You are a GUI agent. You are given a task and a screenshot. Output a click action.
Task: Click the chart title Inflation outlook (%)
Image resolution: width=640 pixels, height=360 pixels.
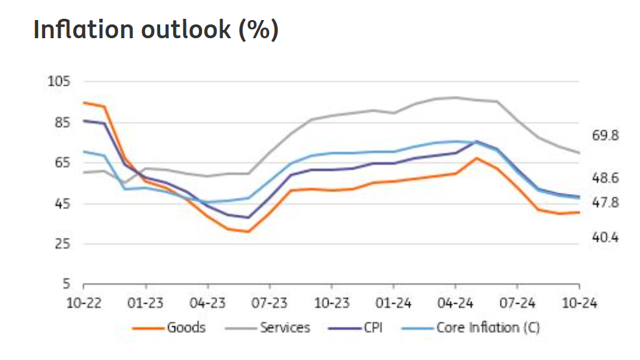pos(156,30)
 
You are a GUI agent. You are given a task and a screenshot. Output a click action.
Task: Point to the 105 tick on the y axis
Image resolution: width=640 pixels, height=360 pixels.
pos(58,81)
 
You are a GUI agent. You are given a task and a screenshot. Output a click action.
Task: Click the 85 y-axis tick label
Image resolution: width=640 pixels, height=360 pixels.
pos(61,122)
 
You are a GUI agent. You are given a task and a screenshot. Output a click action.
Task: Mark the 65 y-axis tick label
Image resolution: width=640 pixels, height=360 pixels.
pos(61,163)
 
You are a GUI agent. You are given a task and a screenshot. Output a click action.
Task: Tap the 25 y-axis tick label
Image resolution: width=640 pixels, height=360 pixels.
pos(61,244)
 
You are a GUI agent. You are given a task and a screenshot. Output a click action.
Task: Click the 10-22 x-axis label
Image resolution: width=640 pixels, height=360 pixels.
pos(84,303)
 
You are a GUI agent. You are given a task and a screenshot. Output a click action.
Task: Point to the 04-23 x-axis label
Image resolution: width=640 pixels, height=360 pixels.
pos(207,303)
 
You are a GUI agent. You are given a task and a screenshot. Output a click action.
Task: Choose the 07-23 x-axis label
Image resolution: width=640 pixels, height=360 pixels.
pos(269,303)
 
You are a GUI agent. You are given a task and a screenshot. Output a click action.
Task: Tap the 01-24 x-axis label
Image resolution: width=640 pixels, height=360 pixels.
pos(393,303)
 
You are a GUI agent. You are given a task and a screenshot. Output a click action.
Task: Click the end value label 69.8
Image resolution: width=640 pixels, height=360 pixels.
pos(605,136)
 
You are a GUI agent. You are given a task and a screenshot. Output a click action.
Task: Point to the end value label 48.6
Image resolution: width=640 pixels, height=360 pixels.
pos(605,179)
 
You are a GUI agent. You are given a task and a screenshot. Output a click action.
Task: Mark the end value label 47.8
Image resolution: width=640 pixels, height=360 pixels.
pos(605,203)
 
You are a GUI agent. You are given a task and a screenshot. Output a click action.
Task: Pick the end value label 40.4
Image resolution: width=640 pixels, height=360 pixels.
pos(605,238)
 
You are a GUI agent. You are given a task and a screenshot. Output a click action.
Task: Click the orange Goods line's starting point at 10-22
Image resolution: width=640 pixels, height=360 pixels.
pos(84,102)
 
